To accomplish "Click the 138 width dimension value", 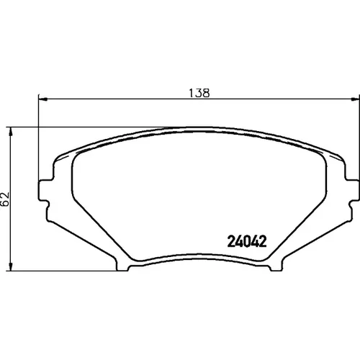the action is tap(199, 93).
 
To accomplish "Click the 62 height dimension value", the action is tap(5, 199).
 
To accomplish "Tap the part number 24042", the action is tap(247, 241).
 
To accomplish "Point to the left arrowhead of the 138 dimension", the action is tap(42, 99).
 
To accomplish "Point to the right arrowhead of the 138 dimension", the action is tap(355, 99).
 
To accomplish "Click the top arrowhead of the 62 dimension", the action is tap(10, 132).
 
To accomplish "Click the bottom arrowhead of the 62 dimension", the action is tap(10, 266).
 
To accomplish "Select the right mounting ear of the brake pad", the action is tap(352, 191).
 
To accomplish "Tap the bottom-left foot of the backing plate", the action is tap(122, 266).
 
